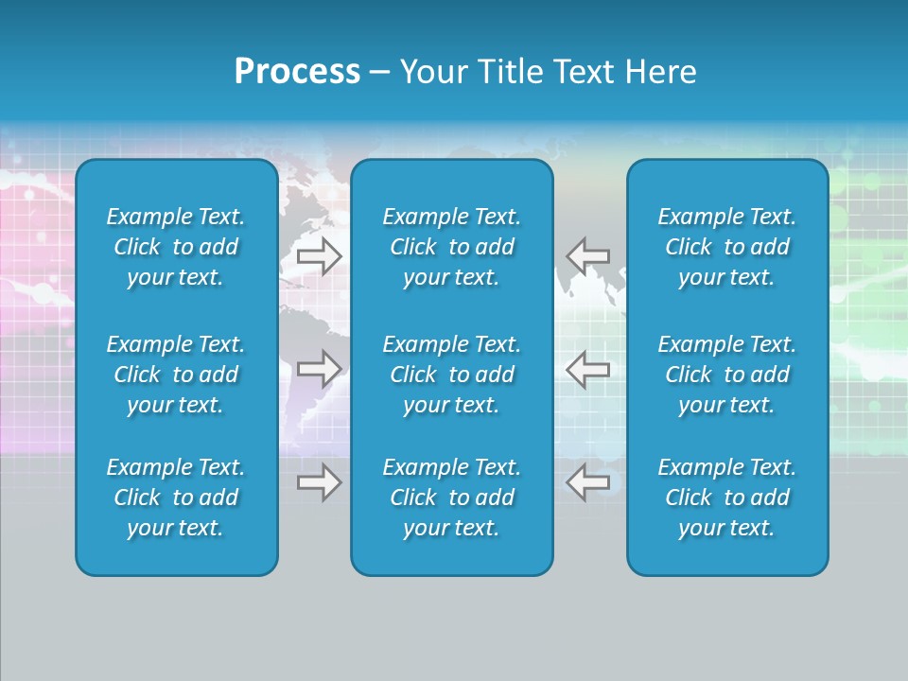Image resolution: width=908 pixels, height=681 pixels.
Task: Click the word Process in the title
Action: tap(297, 72)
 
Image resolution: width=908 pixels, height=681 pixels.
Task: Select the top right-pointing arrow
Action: tap(319, 255)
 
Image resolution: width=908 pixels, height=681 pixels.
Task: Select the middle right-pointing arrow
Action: tap(319, 369)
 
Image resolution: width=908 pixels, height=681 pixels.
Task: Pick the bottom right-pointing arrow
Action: tap(319, 482)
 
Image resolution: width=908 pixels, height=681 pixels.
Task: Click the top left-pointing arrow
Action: tap(587, 255)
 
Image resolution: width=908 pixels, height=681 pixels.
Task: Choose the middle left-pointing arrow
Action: tap(587, 369)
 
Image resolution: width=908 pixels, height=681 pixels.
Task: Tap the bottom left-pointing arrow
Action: tap(587, 482)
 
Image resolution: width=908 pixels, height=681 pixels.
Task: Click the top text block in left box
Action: tap(176, 247)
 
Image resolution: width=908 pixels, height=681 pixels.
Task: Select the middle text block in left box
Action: tap(176, 375)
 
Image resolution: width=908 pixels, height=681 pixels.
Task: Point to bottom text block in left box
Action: tap(176, 498)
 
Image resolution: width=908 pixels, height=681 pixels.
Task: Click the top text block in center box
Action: tap(452, 247)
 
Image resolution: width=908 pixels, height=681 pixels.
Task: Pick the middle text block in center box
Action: tap(452, 375)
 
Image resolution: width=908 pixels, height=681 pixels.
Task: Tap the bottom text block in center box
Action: tap(452, 498)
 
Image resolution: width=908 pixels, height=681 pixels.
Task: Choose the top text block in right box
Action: tap(727, 247)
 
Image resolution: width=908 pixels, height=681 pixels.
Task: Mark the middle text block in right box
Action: tap(727, 375)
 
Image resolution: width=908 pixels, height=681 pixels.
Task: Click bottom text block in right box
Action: tap(727, 498)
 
